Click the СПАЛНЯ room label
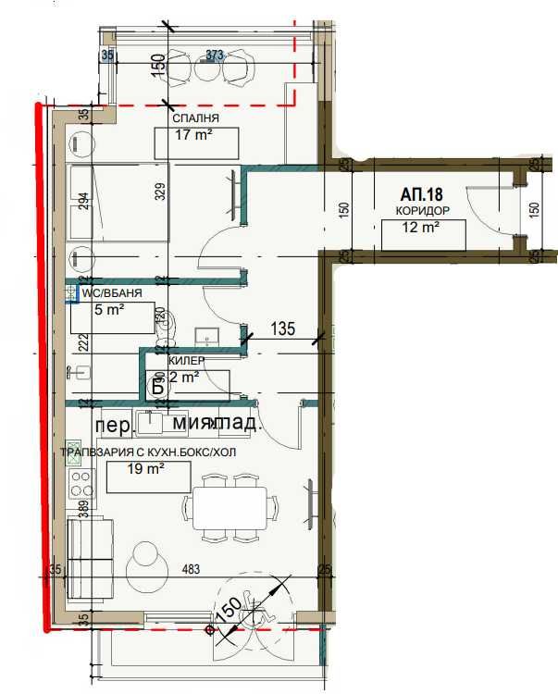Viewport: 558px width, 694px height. [x=195, y=119]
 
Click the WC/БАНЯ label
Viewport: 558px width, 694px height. [x=112, y=293]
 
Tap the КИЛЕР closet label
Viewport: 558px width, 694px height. [x=186, y=360]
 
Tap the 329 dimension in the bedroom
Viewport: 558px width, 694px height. [x=159, y=193]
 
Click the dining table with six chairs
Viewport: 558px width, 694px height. [x=229, y=508]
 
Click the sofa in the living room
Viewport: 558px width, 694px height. [x=90, y=560]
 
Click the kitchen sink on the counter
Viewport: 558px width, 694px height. [x=150, y=422]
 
